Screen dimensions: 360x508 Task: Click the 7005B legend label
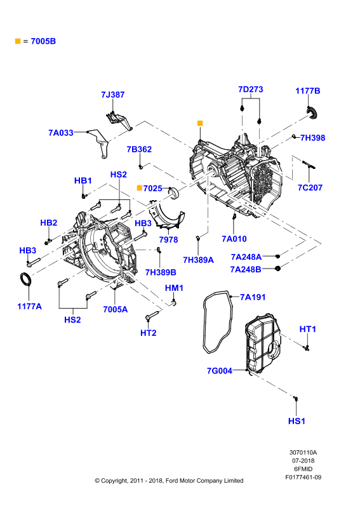[x=43, y=41]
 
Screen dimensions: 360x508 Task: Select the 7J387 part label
[x=113, y=95]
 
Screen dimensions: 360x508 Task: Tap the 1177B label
[x=307, y=91]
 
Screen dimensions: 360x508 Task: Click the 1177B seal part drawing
[x=312, y=112]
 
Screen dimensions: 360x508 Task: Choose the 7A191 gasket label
[x=253, y=297]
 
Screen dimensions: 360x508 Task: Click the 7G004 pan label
[x=220, y=371]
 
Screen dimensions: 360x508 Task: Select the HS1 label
[x=297, y=421]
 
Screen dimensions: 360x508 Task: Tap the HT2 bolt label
[x=149, y=333]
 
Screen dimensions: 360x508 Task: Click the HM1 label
[x=175, y=288]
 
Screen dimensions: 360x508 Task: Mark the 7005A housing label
[x=116, y=309]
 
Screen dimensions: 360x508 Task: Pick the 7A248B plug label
[x=246, y=269]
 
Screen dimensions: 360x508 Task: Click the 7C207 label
[x=310, y=187]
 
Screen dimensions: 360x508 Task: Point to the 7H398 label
[x=312, y=138]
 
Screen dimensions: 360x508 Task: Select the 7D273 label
[x=251, y=90]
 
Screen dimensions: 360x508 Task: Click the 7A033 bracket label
[x=61, y=133]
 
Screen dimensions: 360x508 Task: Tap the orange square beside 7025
[x=139, y=188]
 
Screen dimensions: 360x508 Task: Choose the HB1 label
[x=83, y=180]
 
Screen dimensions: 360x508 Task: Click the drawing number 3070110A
[x=303, y=453]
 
